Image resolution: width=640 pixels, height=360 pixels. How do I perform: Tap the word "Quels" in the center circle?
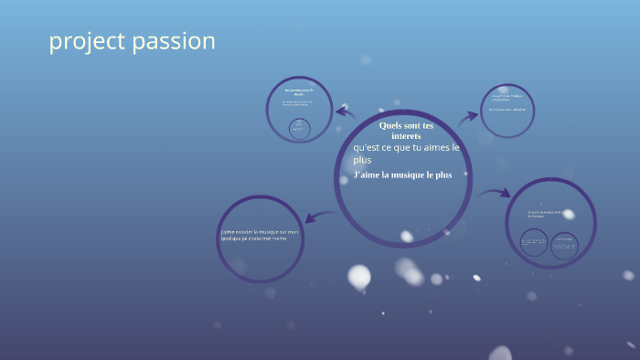[391, 125]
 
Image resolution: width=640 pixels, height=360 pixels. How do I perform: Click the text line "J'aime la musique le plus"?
[402, 175]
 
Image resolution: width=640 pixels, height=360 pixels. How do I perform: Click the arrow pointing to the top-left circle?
[346, 112]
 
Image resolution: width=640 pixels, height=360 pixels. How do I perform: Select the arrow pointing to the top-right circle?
[467, 116]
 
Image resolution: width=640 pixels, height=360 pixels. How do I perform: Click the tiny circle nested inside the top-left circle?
[299, 128]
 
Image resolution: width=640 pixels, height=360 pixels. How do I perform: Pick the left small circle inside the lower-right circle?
[533, 244]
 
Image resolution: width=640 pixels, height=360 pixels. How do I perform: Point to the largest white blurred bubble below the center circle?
[359, 276]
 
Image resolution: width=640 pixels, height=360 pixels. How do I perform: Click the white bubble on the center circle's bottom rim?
[406, 237]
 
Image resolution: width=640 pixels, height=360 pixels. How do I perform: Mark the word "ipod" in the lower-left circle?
[226, 238]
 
